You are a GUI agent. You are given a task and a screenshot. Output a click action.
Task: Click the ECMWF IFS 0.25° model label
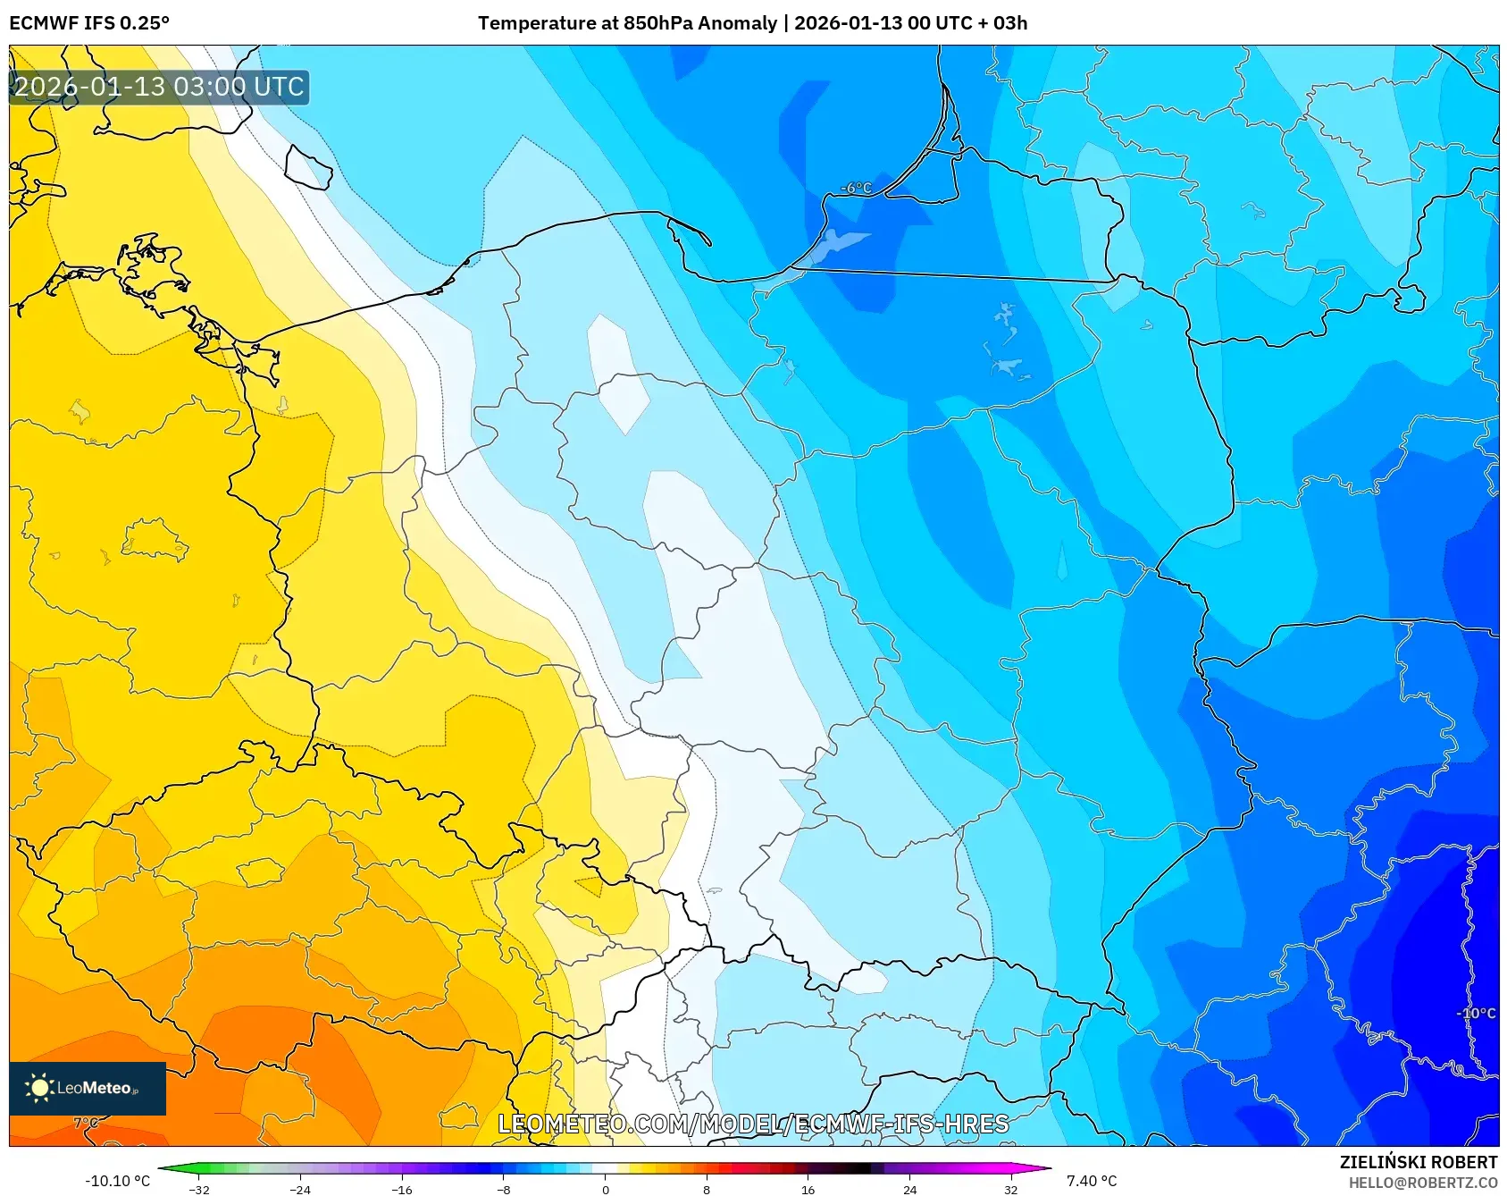(89, 23)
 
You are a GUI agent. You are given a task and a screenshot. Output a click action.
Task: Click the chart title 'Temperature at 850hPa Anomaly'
(627, 23)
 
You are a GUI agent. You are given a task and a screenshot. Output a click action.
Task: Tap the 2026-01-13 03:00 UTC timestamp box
(159, 88)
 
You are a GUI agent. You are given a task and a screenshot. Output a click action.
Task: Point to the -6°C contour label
(856, 188)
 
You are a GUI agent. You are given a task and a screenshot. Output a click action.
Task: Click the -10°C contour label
(1475, 1013)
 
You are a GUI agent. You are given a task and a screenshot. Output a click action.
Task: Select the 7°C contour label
(86, 1123)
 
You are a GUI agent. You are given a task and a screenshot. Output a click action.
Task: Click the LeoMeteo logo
(88, 1088)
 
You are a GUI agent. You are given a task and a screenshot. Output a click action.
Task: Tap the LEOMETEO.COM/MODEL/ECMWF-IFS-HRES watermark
(753, 1124)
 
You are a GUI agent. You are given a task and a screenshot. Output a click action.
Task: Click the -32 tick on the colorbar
(199, 1189)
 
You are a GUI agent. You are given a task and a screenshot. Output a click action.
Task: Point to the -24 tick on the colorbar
(300, 1189)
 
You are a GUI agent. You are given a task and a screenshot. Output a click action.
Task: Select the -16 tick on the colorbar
(402, 1189)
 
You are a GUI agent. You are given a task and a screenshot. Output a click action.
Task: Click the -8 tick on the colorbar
(504, 1189)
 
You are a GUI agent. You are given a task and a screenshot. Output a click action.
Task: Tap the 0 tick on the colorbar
(606, 1189)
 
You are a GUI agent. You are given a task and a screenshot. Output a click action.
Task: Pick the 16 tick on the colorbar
(808, 1189)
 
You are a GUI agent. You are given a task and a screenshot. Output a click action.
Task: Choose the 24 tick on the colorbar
(909, 1189)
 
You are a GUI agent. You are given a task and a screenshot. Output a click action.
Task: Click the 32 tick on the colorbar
(1010, 1189)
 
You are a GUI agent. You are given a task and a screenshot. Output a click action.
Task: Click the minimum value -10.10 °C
(117, 1181)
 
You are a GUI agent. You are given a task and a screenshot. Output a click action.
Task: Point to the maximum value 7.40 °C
(1092, 1181)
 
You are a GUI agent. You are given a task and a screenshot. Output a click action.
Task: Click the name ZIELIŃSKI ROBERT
(1418, 1162)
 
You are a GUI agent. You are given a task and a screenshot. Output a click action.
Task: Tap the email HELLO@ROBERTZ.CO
(1422, 1183)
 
